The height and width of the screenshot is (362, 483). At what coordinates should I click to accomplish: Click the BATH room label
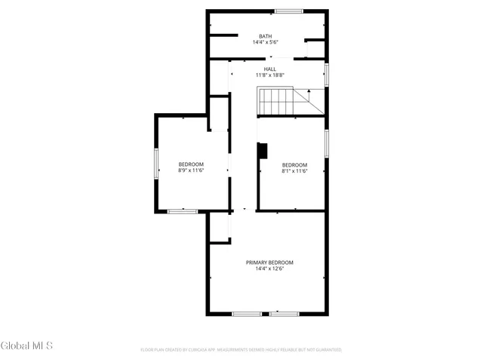coord(266,36)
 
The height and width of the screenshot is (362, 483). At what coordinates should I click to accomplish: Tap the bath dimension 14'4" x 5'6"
coord(266,43)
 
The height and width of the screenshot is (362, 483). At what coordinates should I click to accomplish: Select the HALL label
coord(270,69)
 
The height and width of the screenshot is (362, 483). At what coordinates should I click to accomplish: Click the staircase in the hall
coord(276,101)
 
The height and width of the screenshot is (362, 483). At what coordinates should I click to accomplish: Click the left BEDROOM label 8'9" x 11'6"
coord(191,164)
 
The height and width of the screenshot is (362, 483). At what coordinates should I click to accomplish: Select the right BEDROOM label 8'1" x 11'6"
coord(294,165)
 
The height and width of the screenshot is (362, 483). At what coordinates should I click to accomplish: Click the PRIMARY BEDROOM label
coord(269,262)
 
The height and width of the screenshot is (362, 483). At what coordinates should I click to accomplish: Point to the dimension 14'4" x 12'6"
coord(269,269)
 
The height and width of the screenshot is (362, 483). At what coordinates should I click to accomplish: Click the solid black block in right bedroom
coord(263,151)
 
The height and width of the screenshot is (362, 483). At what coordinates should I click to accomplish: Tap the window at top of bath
coord(288,11)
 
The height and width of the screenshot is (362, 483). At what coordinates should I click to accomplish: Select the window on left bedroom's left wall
coord(156,163)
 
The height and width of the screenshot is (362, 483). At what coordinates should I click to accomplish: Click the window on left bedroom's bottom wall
coord(181,211)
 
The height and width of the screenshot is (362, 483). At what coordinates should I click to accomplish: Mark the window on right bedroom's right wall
coord(327,143)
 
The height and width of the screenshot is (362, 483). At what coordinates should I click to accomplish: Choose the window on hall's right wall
coord(327,74)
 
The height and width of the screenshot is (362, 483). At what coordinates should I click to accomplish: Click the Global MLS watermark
coord(27,346)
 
